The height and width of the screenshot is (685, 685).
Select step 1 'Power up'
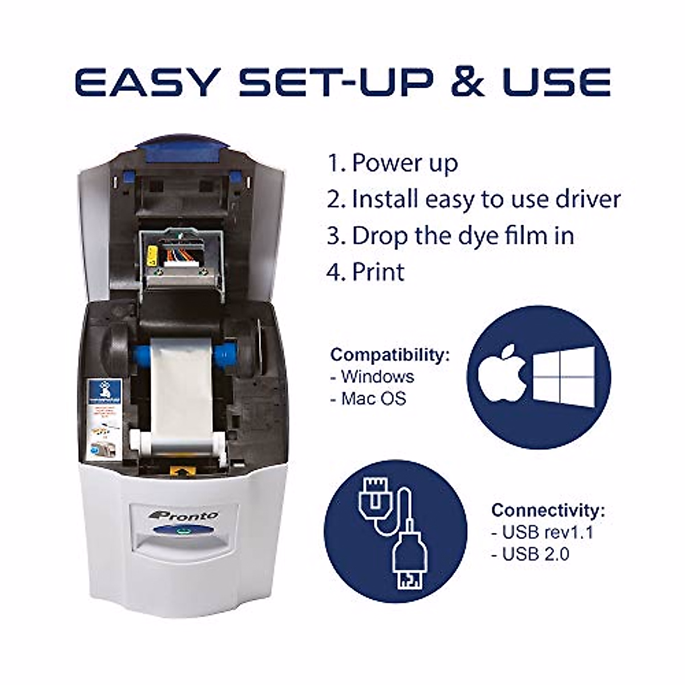coord(393,163)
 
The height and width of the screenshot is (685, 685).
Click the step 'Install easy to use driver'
coord(473,200)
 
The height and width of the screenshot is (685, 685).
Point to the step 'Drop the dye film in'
coord(450,236)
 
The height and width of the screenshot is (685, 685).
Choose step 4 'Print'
coord(365,272)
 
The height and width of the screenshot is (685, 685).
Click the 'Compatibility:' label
coord(390,354)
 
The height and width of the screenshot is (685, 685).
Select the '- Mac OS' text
coord(368,398)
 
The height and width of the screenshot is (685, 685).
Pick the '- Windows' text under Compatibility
coord(372,377)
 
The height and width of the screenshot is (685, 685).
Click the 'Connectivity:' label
coord(548,510)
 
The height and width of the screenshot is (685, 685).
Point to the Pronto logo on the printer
coord(183,515)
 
